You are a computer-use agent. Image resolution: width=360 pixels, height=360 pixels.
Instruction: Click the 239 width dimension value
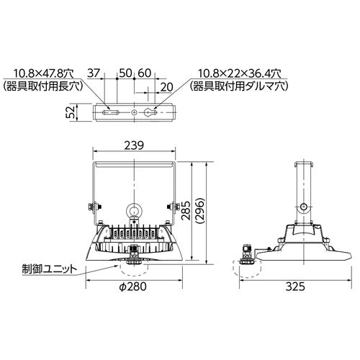[x=135, y=145]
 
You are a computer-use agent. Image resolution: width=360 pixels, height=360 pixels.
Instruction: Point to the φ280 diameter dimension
[x=133, y=286]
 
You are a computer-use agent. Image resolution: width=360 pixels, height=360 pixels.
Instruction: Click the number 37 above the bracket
[x=93, y=73]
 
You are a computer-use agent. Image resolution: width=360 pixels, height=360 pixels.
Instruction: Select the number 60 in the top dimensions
[x=143, y=73]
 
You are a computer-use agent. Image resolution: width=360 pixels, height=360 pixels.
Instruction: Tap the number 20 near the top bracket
[x=167, y=86]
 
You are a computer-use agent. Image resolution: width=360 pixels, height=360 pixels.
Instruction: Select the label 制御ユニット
[x=49, y=268]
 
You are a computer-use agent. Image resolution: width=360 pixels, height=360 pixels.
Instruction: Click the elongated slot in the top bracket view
[x=112, y=113]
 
